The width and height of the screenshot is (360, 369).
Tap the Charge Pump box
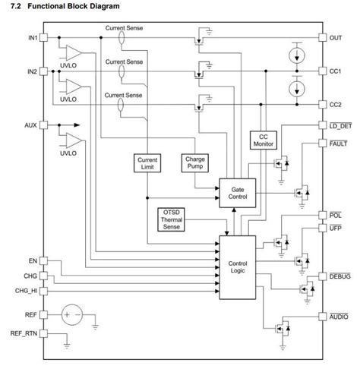pyautogui.click(x=194, y=162)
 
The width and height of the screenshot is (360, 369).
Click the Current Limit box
pyautogui.click(x=147, y=162)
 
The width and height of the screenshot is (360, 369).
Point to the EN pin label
pyautogui.click(x=30, y=260)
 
